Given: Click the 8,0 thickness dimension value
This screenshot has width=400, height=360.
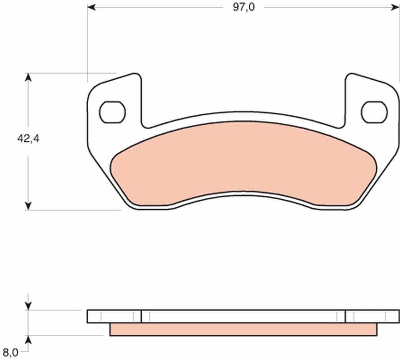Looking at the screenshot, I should point(10,351).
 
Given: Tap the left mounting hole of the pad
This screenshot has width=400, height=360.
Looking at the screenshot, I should point(112,112).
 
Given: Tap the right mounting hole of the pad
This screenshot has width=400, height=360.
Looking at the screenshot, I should point(374,112).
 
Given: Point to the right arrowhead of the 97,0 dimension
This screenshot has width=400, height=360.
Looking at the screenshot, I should point(396,8).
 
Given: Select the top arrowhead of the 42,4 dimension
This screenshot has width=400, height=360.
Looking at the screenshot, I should point(28,78).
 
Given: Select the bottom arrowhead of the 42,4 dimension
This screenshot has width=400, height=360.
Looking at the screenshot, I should point(28,205).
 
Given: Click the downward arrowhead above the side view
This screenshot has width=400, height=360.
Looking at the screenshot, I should point(28,306).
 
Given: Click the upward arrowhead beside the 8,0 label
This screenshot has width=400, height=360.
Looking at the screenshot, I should point(28,339).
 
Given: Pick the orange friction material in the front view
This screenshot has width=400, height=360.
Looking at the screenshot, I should point(243,162).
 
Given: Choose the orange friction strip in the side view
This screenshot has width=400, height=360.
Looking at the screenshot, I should point(243,329).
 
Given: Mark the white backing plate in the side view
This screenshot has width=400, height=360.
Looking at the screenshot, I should point(243,316).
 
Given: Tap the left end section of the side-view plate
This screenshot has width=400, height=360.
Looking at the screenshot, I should point(114,316).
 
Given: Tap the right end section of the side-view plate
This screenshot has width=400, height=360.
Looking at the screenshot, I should point(372,316).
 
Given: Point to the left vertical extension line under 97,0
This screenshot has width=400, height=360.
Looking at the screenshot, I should point(87,45).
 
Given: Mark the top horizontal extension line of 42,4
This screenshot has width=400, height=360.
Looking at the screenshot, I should point(72,73).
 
